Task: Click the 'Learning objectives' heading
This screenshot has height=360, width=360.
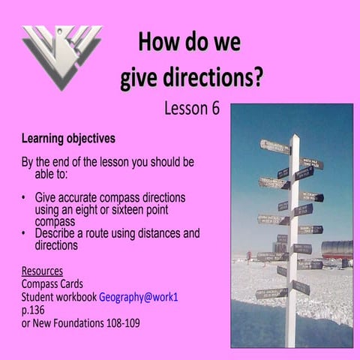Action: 68,139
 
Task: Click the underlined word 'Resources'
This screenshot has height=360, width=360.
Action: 42,271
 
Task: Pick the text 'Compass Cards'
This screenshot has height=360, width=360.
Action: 58,284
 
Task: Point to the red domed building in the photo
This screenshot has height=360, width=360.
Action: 337,248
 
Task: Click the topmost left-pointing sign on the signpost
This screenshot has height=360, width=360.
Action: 274,146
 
